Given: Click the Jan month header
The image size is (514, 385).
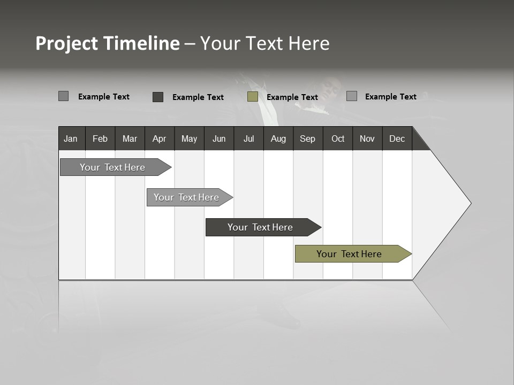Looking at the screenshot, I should pyautogui.click(x=71, y=138).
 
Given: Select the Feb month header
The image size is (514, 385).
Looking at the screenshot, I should pyautogui.click(x=100, y=138).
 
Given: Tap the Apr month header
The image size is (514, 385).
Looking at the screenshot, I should pyautogui.click(x=159, y=138).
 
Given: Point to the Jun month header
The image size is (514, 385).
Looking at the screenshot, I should pyautogui.click(x=219, y=138).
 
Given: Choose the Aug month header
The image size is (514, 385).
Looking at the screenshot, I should pyautogui.click(x=278, y=138).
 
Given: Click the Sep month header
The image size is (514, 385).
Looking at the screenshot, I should pyautogui.click(x=307, y=138).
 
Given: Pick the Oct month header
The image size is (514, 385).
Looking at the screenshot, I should pyautogui.click(x=338, y=138).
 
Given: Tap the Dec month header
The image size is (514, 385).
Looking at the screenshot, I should pyautogui.click(x=397, y=138).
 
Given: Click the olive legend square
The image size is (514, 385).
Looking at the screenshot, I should pyautogui.click(x=253, y=97).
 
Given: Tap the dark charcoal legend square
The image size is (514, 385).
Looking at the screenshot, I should pyautogui.click(x=158, y=97).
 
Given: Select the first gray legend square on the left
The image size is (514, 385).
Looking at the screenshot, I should pyautogui.click(x=64, y=96).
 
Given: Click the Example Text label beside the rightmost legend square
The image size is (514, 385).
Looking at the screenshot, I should pyautogui.click(x=390, y=97).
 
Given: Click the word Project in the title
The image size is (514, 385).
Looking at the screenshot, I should pyautogui.click(x=67, y=43).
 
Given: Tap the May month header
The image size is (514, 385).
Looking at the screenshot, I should pyautogui.click(x=189, y=138).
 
